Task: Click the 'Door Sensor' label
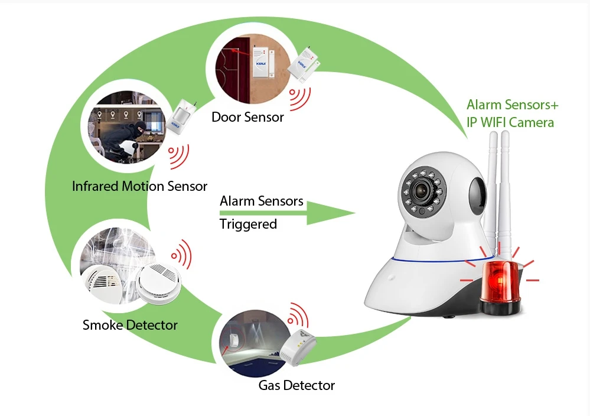click(x=247, y=117)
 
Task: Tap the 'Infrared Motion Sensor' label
click(x=139, y=186)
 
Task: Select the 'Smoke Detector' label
click(x=130, y=324)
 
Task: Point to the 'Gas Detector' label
click(x=296, y=386)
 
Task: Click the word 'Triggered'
click(x=248, y=225)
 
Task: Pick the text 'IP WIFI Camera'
click(x=510, y=122)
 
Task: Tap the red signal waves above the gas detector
click(x=297, y=316)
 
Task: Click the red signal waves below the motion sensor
click(x=178, y=155)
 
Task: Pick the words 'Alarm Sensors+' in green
click(x=512, y=105)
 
